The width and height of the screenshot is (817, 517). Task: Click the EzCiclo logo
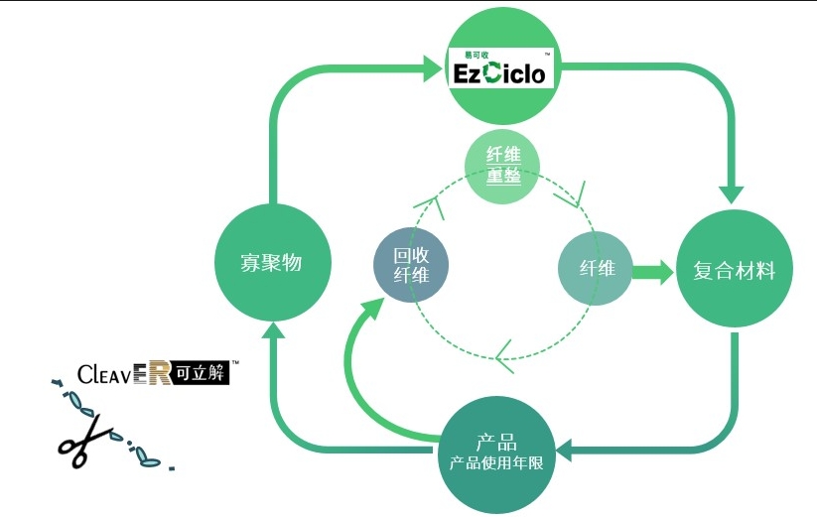500,67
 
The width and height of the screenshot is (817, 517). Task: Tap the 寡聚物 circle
273,262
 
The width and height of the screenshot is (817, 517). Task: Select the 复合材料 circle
735,269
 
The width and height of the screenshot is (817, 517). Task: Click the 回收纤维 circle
411,265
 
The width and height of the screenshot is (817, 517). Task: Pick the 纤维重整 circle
502,166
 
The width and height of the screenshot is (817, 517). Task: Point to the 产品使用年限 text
496,462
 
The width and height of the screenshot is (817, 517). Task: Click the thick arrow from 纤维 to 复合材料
653,272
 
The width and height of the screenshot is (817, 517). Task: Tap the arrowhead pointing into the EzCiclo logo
432,66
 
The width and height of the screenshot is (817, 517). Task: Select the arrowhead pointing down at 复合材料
731,194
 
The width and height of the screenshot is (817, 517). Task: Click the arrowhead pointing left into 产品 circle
564,450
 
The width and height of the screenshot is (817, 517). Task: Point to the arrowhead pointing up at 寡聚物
273,329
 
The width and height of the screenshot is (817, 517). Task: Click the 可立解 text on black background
201,373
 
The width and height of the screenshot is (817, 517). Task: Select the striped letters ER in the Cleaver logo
152,373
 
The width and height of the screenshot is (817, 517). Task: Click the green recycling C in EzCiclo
492,72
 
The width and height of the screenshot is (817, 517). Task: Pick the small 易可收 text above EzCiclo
477,55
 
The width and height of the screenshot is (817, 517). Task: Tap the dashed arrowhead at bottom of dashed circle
504,356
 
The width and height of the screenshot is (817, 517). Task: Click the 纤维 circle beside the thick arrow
596,268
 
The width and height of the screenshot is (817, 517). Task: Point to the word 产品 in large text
496,443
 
